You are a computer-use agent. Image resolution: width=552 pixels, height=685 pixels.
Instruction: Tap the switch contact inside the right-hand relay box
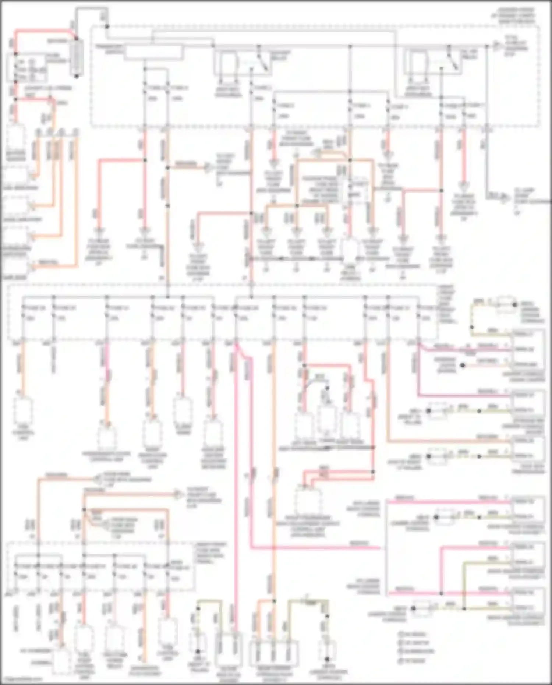tap(452, 61)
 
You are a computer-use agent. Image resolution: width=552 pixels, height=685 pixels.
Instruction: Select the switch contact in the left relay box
tap(262, 61)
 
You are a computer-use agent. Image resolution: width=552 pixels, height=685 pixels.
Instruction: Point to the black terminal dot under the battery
tap(77, 76)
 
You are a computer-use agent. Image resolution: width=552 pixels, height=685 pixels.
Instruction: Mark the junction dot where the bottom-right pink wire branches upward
tap(441, 593)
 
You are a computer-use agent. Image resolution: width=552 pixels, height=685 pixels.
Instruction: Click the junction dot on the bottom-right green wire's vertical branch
tap(464, 608)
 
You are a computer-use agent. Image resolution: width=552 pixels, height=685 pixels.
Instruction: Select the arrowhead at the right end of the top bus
tap(496, 46)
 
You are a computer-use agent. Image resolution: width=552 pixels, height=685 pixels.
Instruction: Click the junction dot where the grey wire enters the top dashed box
tap(107, 27)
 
